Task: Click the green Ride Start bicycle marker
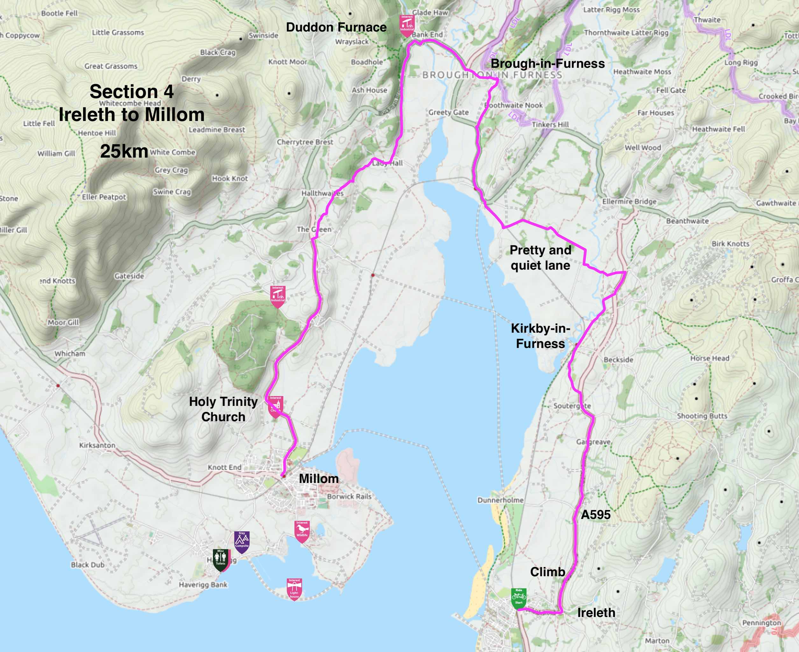(x=519, y=598)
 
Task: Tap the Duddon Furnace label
(x=336, y=27)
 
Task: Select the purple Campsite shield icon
(x=242, y=541)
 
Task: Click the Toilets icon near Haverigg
(x=220, y=559)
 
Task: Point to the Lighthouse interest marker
(x=294, y=589)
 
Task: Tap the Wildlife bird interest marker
(x=302, y=531)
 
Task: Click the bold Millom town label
(x=318, y=478)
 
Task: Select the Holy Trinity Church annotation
(x=223, y=409)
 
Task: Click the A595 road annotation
(x=596, y=514)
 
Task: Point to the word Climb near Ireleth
(x=548, y=572)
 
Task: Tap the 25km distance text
(x=124, y=151)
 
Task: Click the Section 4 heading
(x=131, y=92)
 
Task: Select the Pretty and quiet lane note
(x=540, y=258)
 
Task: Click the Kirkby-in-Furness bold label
(x=540, y=336)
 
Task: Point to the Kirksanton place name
(x=97, y=445)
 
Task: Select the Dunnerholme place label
(x=500, y=500)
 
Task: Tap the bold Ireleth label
(x=596, y=613)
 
